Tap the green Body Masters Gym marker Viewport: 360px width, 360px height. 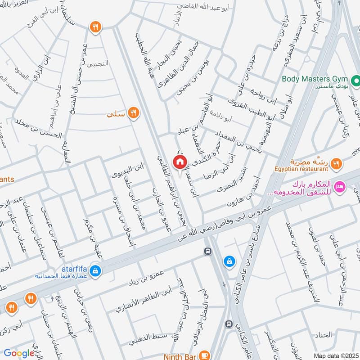[x=355, y=81]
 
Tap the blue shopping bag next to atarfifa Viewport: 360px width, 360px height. [x=95, y=270]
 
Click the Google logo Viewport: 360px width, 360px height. [x=19, y=353]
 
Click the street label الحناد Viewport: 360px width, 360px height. [x=324, y=334]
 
